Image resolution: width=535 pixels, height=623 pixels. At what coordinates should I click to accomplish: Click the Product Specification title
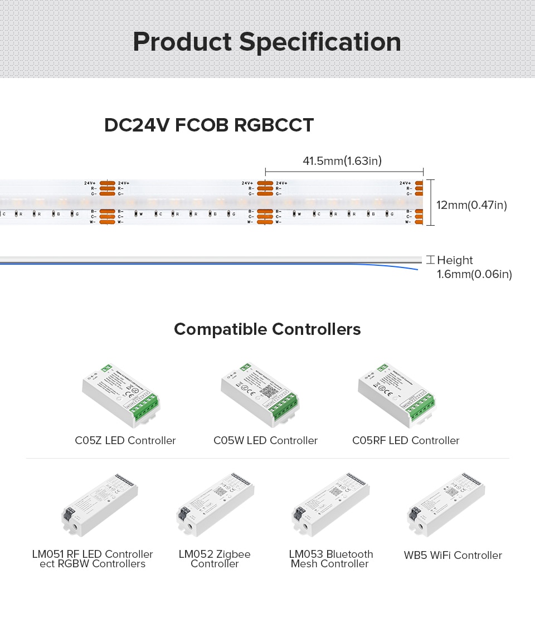(267, 42)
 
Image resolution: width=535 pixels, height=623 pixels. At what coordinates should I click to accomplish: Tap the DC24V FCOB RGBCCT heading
(209, 125)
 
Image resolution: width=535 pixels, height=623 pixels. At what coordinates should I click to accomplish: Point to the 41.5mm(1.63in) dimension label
(342, 162)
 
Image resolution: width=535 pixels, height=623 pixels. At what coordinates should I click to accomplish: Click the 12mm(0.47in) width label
(471, 206)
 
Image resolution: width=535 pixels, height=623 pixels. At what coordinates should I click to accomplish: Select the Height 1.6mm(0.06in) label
(474, 267)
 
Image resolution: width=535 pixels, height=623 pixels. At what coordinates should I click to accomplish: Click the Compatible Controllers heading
(267, 329)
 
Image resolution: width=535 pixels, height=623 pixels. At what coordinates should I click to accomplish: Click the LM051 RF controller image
(100, 505)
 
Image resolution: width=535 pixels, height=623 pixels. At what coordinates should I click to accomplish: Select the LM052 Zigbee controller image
(216, 505)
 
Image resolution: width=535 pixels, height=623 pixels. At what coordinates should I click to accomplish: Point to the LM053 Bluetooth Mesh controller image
(330, 505)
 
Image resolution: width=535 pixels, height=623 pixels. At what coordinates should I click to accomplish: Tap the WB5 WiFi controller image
(446, 505)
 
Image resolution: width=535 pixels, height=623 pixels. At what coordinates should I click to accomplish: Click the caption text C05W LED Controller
(266, 441)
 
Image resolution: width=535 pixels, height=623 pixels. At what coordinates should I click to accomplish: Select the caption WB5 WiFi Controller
(453, 555)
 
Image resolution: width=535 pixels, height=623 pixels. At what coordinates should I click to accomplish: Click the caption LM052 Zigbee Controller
(215, 559)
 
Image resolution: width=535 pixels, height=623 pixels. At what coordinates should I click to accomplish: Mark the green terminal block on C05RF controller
(422, 406)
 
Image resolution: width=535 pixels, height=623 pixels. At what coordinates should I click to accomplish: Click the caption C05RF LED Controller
(406, 441)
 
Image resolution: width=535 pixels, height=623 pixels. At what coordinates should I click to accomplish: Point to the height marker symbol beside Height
(430, 260)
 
